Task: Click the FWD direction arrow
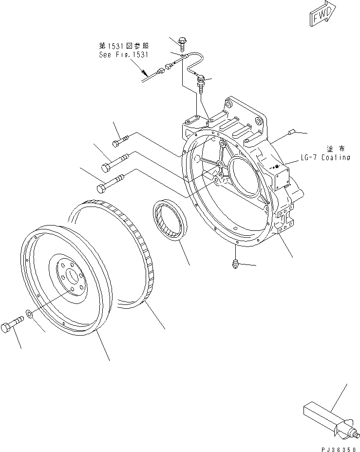tap(322, 13)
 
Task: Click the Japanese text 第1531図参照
tap(124, 46)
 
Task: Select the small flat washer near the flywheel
tap(30, 314)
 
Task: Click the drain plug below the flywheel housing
tap(234, 264)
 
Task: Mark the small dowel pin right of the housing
tap(292, 131)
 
